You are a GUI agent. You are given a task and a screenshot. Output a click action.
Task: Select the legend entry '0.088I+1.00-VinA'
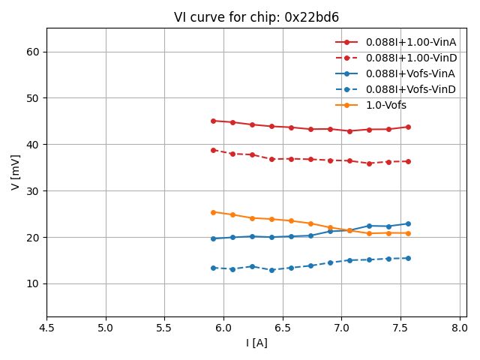[x=410, y=42]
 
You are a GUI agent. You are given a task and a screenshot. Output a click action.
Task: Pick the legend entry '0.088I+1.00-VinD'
[x=410, y=58]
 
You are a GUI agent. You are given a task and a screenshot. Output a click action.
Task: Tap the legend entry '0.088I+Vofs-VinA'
[x=410, y=73]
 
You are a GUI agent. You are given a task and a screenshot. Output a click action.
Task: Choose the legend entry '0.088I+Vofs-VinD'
[x=410, y=89]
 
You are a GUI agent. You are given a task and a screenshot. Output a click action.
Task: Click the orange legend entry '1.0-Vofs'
[x=386, y=105]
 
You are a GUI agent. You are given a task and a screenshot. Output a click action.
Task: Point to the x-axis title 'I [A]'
[x=256, y=343]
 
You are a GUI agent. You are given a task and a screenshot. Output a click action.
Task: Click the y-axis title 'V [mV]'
[x=16, y=172]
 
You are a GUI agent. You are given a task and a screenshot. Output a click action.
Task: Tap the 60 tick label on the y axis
[x=33, y=52]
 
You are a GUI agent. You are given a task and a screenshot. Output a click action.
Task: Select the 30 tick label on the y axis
[x=33, y=191]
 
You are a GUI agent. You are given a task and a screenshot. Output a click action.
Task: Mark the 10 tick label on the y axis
[x=33, y=283]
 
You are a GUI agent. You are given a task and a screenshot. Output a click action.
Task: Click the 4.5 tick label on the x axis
[x=46, y=328]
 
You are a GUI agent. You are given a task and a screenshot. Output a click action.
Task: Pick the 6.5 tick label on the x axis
[x=283, y=328]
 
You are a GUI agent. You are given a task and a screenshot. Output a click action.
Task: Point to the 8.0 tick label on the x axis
[x=460, y=328]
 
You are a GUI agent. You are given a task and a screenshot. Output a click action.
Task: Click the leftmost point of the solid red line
[x=213, y=121]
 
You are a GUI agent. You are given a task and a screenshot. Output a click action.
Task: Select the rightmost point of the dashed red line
[x=408, y=161]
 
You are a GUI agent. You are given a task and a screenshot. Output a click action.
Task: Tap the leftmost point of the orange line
[x=213, y=212]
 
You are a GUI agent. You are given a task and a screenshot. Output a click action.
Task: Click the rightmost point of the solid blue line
[x=408, y=223]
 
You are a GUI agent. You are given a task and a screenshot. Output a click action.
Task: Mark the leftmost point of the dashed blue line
[x=213, y=268]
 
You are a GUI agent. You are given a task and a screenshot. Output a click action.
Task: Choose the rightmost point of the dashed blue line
[x=408, y=258]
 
